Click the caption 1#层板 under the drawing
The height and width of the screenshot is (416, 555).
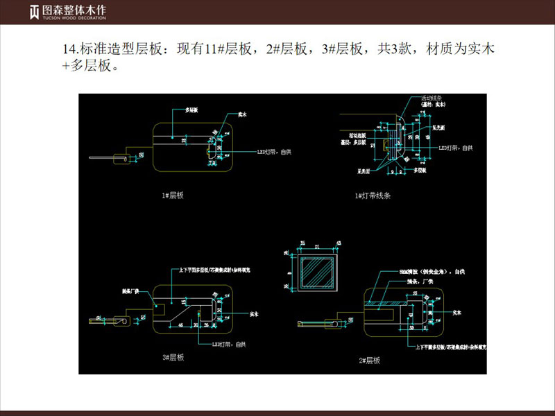(x=172, y=196)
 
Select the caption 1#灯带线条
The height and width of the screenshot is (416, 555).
(x=373, y=196)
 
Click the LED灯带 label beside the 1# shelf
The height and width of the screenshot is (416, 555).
(x=271, y=151)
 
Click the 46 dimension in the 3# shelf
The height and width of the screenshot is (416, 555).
(x=180, y=324)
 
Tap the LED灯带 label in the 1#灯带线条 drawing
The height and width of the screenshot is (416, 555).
(x=456, y=148)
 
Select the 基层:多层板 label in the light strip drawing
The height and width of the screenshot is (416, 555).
(x=353, y=141)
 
